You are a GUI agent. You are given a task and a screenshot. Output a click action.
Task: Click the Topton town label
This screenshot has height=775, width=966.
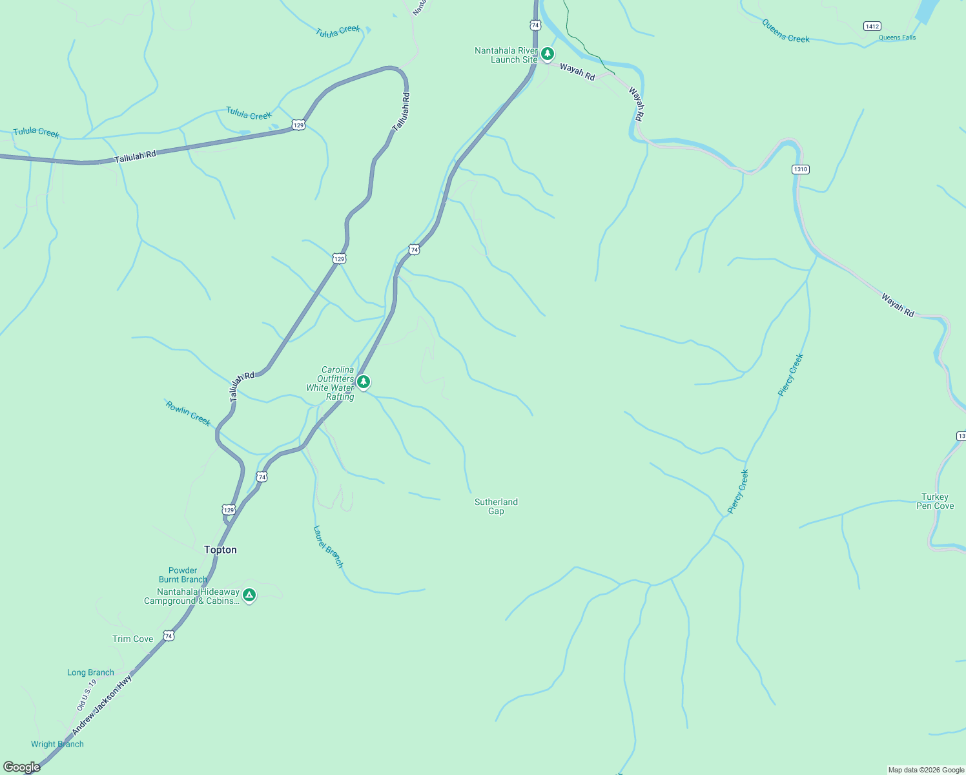pos(220,550)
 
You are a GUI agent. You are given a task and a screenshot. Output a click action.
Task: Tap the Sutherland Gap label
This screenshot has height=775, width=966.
pos(496,506)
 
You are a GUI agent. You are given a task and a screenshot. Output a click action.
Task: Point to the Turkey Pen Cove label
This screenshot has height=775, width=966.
pos(935,501)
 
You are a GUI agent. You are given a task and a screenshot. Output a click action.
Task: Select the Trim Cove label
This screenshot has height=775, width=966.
pos(133,639)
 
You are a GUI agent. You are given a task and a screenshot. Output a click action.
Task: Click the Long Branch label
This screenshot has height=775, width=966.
pos(90,672)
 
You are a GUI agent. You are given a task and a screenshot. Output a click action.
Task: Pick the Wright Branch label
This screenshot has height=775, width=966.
pos(57,744)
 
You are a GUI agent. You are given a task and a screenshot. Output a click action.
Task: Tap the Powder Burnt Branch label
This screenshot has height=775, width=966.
pos(183,575)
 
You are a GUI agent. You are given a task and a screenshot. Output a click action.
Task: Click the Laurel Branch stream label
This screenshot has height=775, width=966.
pos(328,546)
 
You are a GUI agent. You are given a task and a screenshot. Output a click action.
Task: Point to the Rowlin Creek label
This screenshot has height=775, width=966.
pos(189,413)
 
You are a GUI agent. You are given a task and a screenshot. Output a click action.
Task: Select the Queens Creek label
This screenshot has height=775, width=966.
pos(785,31)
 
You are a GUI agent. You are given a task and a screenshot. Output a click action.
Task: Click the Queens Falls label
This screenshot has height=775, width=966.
pos(897,37)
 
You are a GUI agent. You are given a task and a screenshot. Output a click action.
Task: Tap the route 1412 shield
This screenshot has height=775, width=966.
pos(872,26)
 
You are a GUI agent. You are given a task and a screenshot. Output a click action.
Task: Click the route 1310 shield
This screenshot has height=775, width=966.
pos(800,169)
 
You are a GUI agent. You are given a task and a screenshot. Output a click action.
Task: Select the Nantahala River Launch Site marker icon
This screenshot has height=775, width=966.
pos(548,54)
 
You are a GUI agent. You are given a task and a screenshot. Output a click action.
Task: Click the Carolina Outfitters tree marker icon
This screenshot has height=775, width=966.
pos(364,382)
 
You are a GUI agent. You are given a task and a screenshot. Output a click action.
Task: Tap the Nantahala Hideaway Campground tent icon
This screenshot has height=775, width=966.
pos(249,595)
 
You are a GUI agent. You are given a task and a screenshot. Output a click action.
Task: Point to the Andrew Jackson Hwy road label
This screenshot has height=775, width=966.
pos(102,704)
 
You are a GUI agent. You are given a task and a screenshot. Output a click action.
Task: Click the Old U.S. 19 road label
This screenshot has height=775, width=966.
pos(87,694)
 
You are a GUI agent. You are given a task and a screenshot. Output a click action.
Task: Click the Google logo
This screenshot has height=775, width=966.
pos(22,767)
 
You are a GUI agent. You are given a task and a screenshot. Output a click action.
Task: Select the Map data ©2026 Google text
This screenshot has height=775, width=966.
pos(926,770)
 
